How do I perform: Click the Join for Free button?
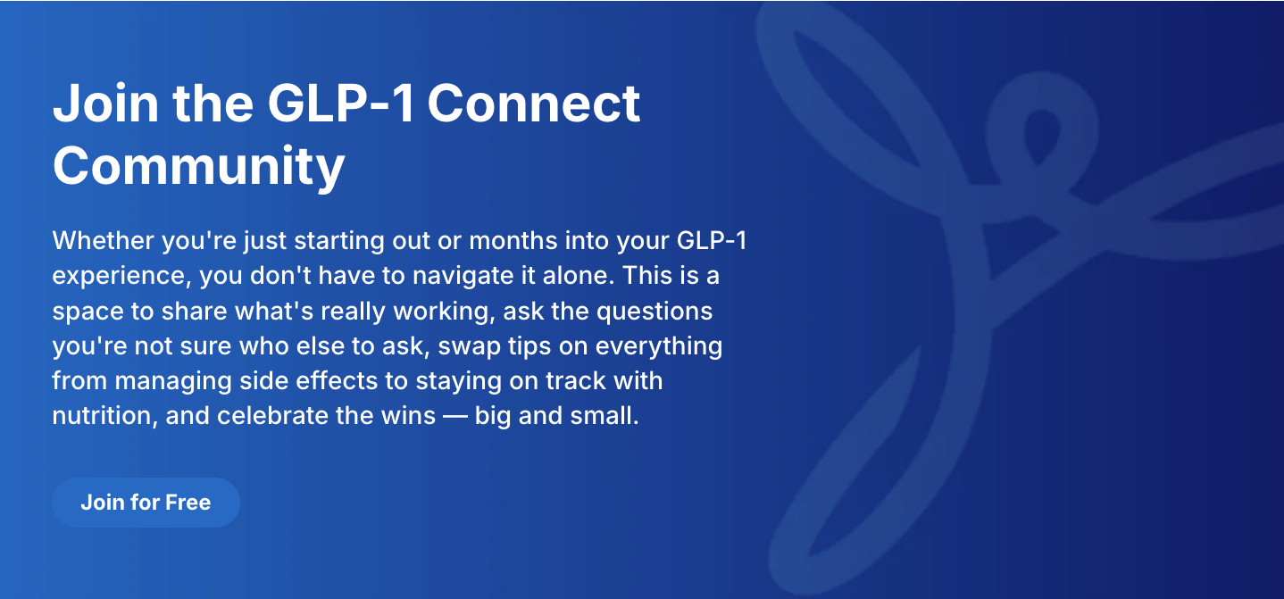point(146,502)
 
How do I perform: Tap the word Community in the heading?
point(199,166)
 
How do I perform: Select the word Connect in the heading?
point(534,104)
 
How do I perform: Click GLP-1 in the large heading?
point(341,104)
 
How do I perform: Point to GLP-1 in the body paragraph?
point(712,240)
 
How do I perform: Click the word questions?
point(655,312)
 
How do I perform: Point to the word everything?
point(659,346)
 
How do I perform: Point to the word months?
point(513,240)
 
